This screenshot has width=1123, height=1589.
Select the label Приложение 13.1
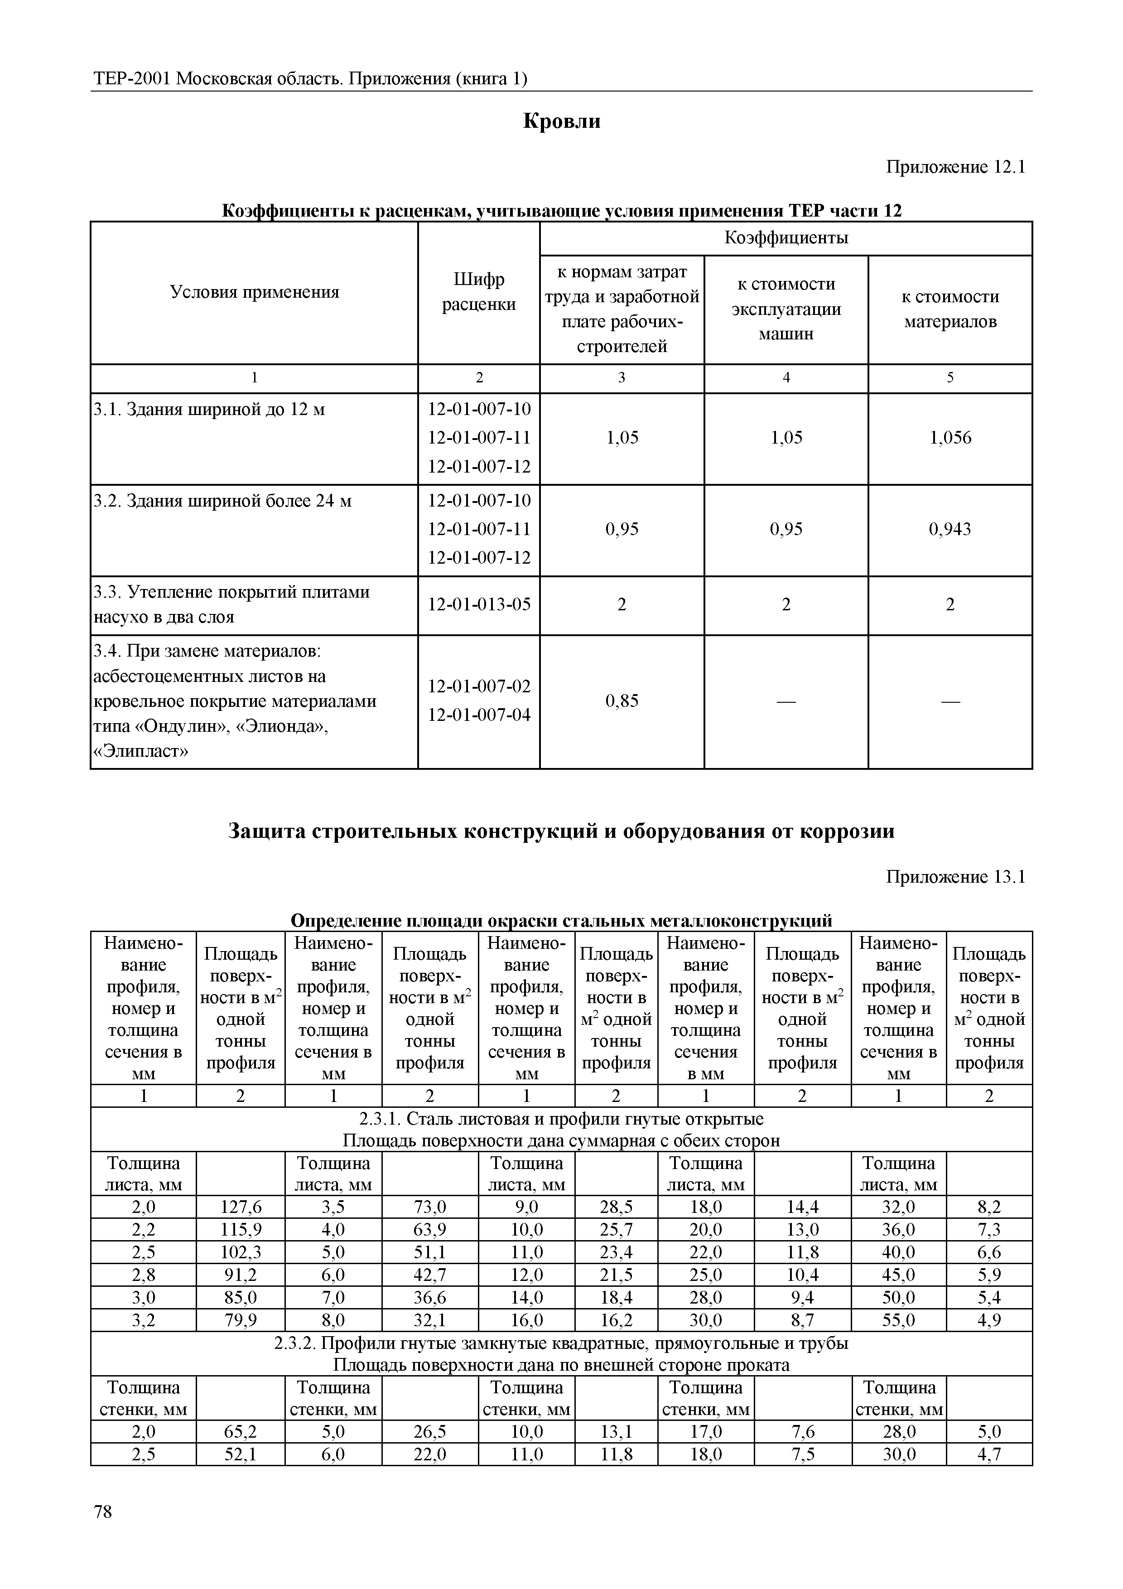click(955, 878)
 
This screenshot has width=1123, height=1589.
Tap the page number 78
click(102, 1531)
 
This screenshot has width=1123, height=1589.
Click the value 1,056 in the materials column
click(950, 437)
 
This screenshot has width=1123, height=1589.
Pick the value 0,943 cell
click(950, 529)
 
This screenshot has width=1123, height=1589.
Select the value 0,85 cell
click(622, 701)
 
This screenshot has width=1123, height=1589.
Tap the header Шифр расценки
click(479, 292)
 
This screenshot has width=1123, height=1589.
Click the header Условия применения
click(254, 292)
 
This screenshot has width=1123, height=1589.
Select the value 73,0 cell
click(430, 1207)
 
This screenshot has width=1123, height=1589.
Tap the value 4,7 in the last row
click(989, 1454)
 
